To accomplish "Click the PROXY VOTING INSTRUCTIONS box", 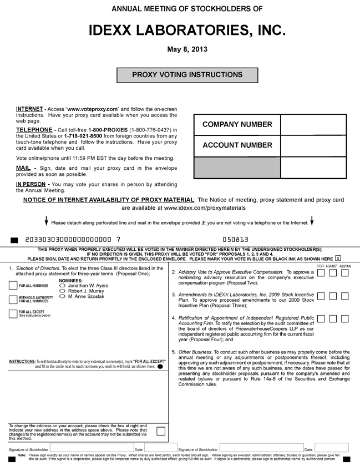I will tap(187, 75).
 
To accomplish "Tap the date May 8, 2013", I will tap(187, 49).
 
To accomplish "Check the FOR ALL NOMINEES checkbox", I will tap(13, 286).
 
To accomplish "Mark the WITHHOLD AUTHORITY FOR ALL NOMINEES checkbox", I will tap(13, 300).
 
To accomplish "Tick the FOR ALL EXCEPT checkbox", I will tap(13, 313).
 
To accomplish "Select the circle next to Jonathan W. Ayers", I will tap(62, 286).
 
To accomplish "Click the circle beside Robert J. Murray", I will tap(62, 291).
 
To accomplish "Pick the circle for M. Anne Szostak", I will tap(62, 297).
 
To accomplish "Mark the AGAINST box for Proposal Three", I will tap(333, 296).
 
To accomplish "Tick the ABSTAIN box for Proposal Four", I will tap(345, 318).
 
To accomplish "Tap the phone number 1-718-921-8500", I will tap(84, 136).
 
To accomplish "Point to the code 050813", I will tap(235, 240).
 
